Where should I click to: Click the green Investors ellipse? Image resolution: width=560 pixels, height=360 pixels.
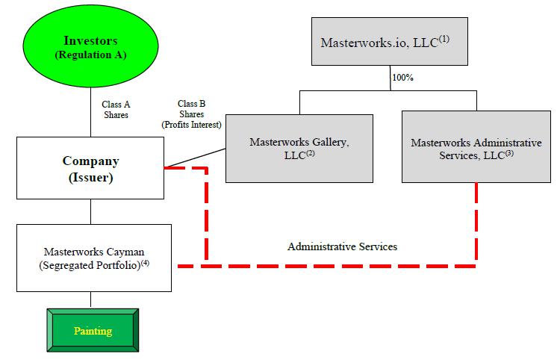pyautogui.click(x=90, y=48)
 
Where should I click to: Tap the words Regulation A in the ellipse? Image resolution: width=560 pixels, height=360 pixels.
pyautogui.click(x=90, y=55)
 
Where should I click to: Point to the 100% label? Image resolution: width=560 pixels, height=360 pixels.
pyautogui.click(x=402, y=76)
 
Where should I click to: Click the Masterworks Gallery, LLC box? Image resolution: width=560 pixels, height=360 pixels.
pyautogui.click(x=299, y=148)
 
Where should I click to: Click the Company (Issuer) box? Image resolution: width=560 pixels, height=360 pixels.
pyautogui.click(x=90, y=169)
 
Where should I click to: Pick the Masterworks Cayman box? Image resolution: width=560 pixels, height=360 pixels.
pyautogui.click(x=94, y=258)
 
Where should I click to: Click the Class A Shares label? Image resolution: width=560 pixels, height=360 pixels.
pyautogui.click(x=116, y=110)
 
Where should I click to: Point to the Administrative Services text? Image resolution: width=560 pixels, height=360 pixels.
pyautogui.click(x=342, y=246)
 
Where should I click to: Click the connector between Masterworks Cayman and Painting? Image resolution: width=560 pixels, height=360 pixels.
pyautogui.click(x=91, y=300)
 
